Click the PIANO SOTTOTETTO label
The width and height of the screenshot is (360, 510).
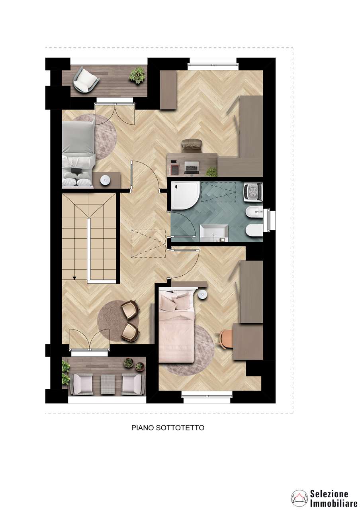click(168, 428)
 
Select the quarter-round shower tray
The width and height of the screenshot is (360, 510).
click(186, 195)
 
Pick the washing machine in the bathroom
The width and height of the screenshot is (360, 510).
click(253, 192)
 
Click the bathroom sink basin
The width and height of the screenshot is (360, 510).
click(214, 233)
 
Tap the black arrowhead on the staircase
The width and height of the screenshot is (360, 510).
click(74, 278)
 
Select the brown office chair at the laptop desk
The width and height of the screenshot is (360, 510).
click(192, 146)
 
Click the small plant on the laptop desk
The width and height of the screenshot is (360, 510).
click(211, 172)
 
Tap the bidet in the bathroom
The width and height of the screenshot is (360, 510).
click(256, 213)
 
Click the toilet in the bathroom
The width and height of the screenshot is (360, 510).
click(254, 230)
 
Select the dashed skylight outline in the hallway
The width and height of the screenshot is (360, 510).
click(148, 243)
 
